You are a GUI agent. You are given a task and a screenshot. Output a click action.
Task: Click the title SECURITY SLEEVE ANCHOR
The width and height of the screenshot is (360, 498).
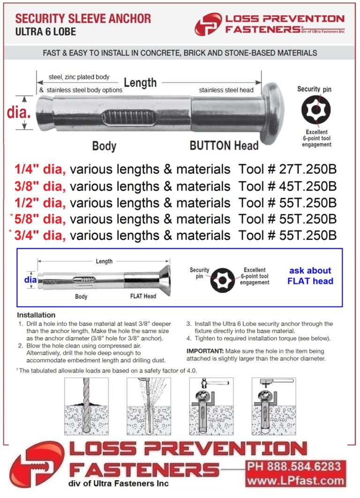(x=83, y=19)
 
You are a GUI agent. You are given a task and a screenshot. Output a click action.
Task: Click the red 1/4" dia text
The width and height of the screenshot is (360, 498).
(x=40, y=169)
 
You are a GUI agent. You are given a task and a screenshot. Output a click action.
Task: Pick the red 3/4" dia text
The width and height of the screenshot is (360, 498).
(x=40, y=235)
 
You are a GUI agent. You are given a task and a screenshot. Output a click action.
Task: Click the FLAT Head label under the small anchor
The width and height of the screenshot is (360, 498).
(x=142, y=296)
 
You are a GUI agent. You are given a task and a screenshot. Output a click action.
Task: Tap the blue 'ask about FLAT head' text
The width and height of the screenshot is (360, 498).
(x=310, y=276)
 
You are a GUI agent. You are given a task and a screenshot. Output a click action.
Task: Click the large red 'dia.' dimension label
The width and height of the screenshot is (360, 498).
(x=19, y=112)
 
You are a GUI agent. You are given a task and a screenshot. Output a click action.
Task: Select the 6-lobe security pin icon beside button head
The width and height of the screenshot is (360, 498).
(x=315, y=111)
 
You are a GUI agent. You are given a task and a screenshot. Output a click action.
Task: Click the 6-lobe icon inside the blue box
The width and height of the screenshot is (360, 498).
(x=223, y=280)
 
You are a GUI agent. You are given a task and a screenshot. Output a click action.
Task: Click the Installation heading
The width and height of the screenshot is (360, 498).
(x=36, y=315)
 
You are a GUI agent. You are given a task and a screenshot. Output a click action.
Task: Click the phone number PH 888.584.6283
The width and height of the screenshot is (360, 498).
(x=295, y=467)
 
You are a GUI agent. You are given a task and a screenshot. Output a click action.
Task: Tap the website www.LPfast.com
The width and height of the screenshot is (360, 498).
(x=295, y=481)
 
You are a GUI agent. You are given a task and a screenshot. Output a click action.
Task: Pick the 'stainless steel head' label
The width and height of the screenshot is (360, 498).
(x=226, y=90)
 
